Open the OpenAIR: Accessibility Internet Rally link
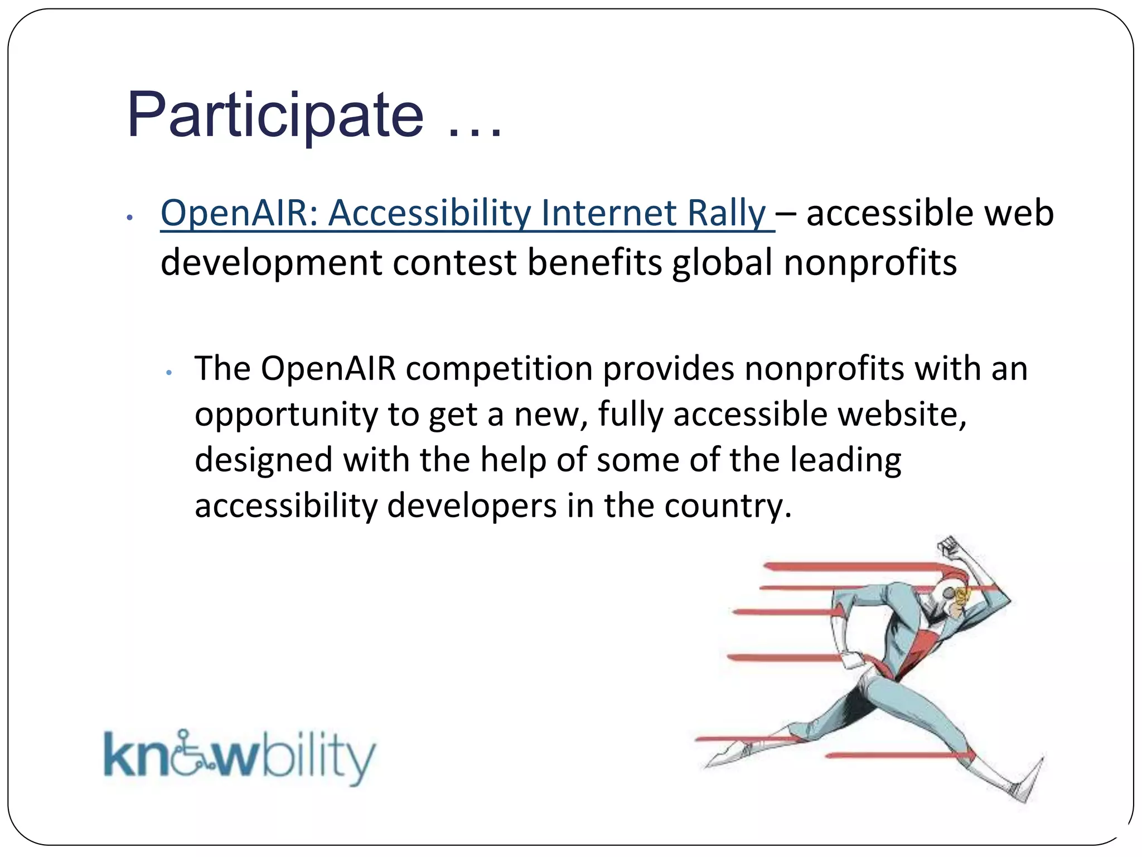[463, 213]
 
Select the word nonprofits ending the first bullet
[870, 263]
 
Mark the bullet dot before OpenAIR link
[129, 218]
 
